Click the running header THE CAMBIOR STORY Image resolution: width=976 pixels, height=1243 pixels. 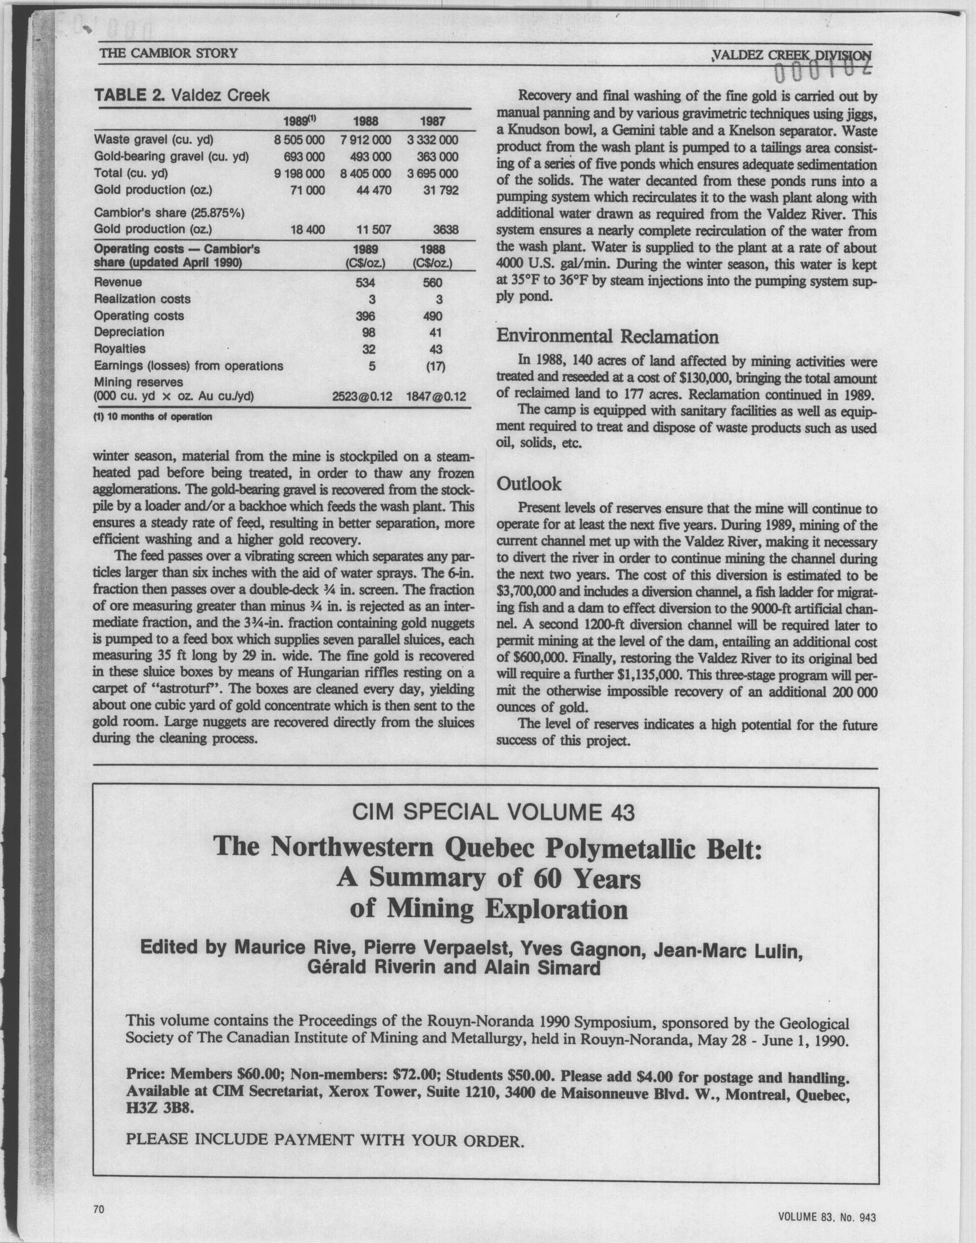tap(168, 54)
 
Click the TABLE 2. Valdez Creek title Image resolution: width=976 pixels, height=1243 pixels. tap(182, 95)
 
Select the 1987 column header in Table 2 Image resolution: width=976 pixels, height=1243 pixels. tap(432, 121)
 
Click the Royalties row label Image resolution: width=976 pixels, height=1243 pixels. tap(119, 349)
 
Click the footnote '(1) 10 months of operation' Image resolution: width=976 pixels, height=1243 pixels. tap(152, 416)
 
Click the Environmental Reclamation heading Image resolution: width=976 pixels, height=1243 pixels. tap(607, 337)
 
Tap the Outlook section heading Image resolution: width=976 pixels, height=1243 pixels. tap(529, 484)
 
